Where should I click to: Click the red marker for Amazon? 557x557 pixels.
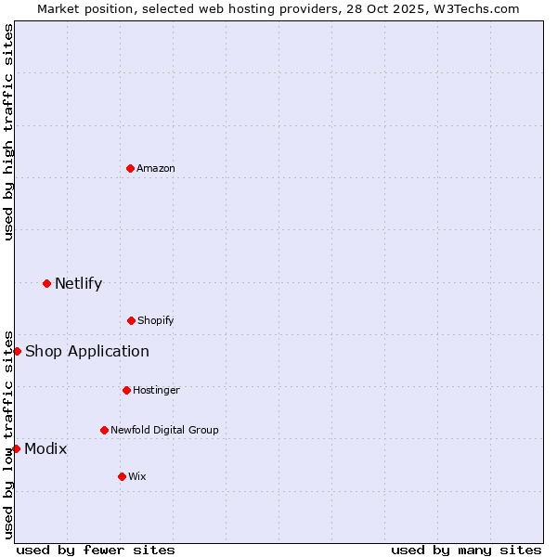pos(131,168)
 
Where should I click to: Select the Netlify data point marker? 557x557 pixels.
pos(46,283)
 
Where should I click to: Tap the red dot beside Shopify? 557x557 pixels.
pos(131,320)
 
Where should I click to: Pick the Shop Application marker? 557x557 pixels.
pos(17,351)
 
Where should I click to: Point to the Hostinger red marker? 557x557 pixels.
pos(126,390)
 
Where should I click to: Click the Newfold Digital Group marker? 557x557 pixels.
pos(104,430)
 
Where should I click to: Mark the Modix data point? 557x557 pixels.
pos(16,448)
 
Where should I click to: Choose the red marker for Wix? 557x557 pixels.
pos(122,476)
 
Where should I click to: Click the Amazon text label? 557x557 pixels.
pos(156,168)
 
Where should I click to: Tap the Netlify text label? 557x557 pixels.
pos(78,283)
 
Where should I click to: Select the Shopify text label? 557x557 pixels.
pos(156,320)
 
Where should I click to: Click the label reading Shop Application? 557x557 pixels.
pos(87,351)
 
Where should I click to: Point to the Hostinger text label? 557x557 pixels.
pos(156,390)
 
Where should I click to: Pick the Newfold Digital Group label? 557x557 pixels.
pos(165,430)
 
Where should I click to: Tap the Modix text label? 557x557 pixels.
pos(45,448)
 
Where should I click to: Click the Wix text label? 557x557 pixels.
pos(137,476)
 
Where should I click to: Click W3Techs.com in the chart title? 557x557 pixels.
pos(473,8)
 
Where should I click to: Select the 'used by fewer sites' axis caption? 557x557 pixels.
pos(96,550)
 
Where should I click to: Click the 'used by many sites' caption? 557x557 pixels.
pos(466,550)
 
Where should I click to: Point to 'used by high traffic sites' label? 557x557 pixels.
pos(8,132)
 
